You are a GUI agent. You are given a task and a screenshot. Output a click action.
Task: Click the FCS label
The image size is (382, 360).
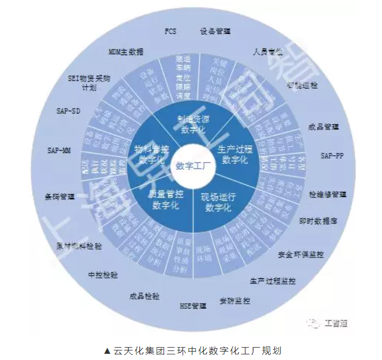(170, 31)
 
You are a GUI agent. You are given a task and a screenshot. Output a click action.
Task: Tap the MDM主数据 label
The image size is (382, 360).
(126, 52)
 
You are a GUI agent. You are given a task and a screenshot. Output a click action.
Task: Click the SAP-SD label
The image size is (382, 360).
(69, 111)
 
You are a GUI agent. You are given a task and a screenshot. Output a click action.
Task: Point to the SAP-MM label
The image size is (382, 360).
(60, 150)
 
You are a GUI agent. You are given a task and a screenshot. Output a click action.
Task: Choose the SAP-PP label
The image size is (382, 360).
(332, 155)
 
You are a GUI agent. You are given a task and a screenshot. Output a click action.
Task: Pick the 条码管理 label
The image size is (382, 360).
(60, 197)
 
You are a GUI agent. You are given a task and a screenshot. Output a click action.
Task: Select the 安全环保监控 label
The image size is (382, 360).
(301, 255)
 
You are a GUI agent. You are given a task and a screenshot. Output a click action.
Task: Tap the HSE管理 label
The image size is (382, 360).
(193, 307)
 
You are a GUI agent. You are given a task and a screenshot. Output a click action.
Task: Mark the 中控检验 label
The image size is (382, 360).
(103, 275)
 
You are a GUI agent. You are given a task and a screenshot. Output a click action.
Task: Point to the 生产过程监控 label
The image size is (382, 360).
(272, 280)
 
